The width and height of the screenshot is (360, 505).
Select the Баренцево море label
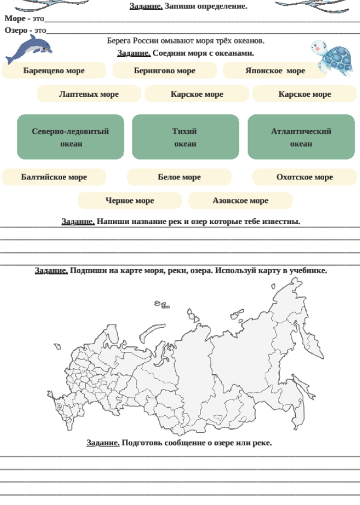click(x=54, y=70)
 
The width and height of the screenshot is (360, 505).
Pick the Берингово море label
click(x=165, y=70)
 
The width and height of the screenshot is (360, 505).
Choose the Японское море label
click(x=275, y=70)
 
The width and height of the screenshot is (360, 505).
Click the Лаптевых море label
click(x=89, y=94)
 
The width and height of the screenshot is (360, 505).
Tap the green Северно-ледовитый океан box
click(x=70, y=137)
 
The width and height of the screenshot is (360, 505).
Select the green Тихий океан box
click(x=185, y=137)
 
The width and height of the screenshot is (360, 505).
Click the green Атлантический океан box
click(x=301, y=137)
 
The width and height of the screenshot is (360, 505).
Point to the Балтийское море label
click(x=54, y=177)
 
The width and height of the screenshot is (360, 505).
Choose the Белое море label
click(x=179, y=177)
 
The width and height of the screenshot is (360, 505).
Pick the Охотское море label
click(x=304, y=177)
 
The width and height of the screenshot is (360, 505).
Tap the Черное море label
click(x=130, y=201)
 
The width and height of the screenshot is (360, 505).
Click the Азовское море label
click(x=240, y=201)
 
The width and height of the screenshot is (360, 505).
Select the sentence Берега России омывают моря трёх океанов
click(x=185, y=41)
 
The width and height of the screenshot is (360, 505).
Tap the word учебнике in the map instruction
click(x=308, y=270)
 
